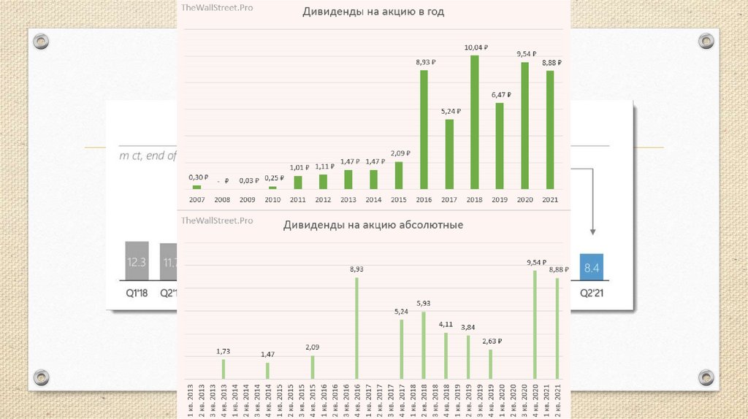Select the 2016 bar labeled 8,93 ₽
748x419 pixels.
pos(424,129)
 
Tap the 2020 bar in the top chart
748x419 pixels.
pos(524,126)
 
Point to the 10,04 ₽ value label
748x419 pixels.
pos(476,47)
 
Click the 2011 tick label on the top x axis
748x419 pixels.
pos(297,199)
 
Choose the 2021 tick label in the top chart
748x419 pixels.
pos(549,199)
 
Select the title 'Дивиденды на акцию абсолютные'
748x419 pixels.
pos(373,225)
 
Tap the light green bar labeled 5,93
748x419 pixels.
pos(424,345)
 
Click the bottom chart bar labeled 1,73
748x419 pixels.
pos(224,369)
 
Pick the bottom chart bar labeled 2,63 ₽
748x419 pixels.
pos(490,364)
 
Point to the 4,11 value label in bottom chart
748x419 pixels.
pos(446,323)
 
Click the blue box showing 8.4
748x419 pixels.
pos(590,267)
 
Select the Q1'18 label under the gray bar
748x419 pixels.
pos(137,293)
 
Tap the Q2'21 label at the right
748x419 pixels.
pos(590,293)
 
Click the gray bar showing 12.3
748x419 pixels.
pos(137,261)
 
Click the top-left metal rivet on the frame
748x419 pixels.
pos(42,42)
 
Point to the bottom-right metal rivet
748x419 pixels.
pos(706,377)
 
